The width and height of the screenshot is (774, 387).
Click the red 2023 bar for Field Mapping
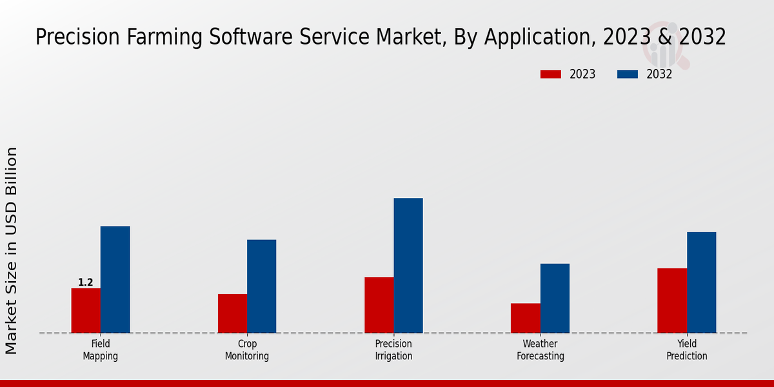click(x=86, y=310)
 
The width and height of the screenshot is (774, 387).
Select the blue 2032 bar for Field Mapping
click(x=115, y=279)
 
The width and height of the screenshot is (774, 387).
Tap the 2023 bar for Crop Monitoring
click(x=232, y=313)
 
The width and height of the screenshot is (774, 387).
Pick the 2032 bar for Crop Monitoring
click(x=261, y=286)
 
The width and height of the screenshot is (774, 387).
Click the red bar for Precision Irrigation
click(x=379, y=305)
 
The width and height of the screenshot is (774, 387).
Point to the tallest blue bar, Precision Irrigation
click(x=408, y=265)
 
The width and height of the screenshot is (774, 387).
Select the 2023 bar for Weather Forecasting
click(x=525, y=318)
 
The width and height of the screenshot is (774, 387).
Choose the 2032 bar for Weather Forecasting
click(x=555, y=298)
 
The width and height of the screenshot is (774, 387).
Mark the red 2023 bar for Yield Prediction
click(x=672, y=301)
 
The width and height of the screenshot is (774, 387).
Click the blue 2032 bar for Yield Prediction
click(x=701, y=283)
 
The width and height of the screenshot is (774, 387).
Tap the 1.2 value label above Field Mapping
click(x=86, y=283)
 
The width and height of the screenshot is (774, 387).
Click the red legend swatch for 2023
click(x=551, y=74)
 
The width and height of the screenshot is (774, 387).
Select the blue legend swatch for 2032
click(x=628, y=74)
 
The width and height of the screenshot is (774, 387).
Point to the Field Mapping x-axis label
click(x=101, y=350)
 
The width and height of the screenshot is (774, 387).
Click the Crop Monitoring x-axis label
click(x=247, y=350)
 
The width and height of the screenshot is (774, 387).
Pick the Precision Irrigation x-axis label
click(x=393, y=350)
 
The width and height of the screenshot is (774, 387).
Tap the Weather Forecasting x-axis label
click(x=541, y=350)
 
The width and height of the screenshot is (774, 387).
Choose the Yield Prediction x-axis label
click(x=687, y=350)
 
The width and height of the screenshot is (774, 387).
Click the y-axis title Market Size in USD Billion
click(x=12, y=250)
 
